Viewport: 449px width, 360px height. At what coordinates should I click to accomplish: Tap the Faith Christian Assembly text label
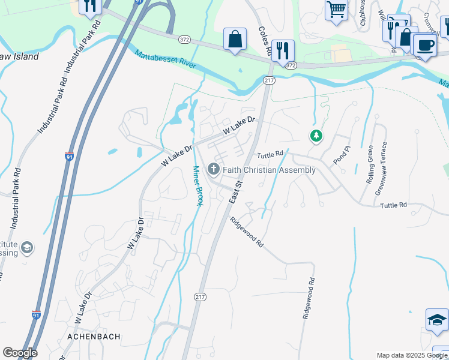(269, 170)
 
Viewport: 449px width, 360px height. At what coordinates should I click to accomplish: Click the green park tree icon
(316, 136)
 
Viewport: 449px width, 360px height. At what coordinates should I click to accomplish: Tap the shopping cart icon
(336, 10)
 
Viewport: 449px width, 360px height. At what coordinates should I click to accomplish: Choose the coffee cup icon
(425, 46)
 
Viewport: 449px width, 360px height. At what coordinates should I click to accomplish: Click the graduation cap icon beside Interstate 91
(26, 247)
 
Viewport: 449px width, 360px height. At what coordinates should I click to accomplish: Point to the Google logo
(20, 353)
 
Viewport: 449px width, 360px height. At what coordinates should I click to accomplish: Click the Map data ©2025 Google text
(411, 355)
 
